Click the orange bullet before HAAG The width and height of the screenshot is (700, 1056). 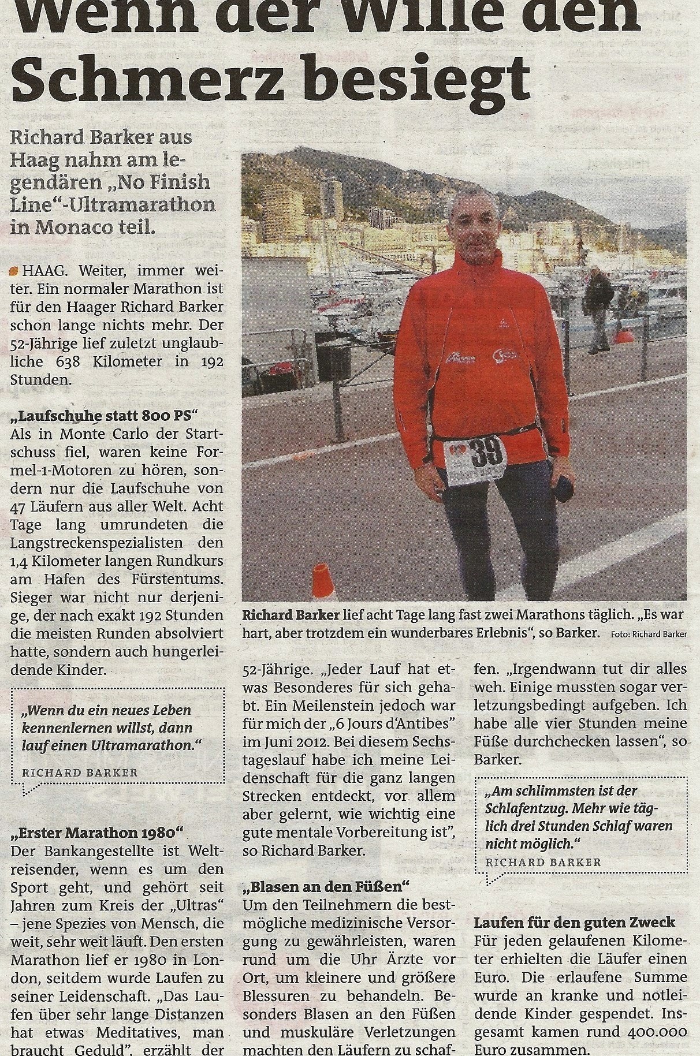[15, 271]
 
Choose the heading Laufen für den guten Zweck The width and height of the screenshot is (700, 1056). [575, 923]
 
